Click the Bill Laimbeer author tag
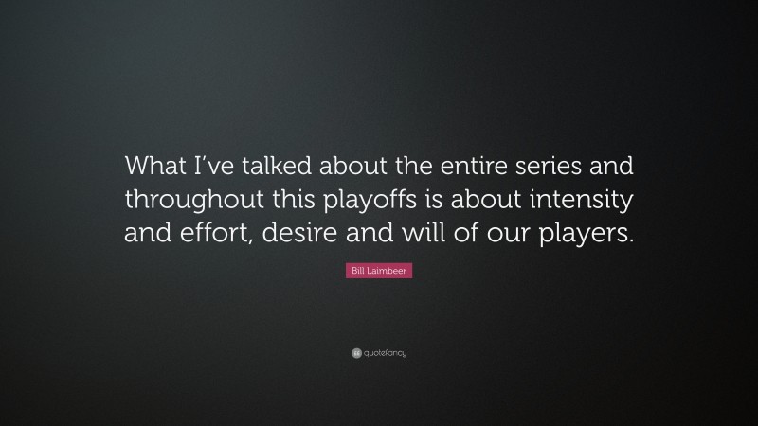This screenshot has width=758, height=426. pos(379,271)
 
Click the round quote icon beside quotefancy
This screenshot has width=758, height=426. pos(356,353)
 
